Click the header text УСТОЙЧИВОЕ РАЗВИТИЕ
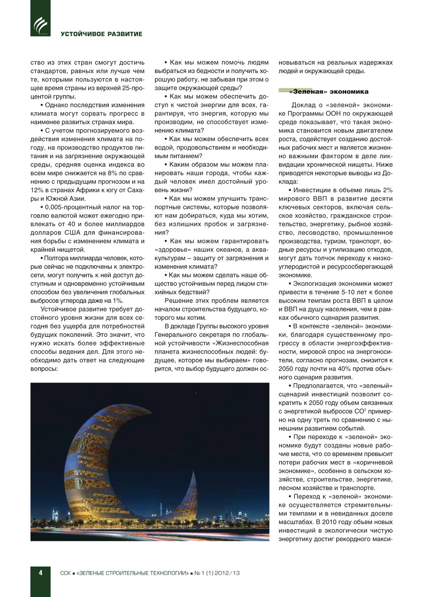click(x=101, y=34)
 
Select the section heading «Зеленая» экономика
click(x=329, y=91)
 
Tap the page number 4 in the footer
click(x=41, y=573)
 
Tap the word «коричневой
click(x=374, y=463)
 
